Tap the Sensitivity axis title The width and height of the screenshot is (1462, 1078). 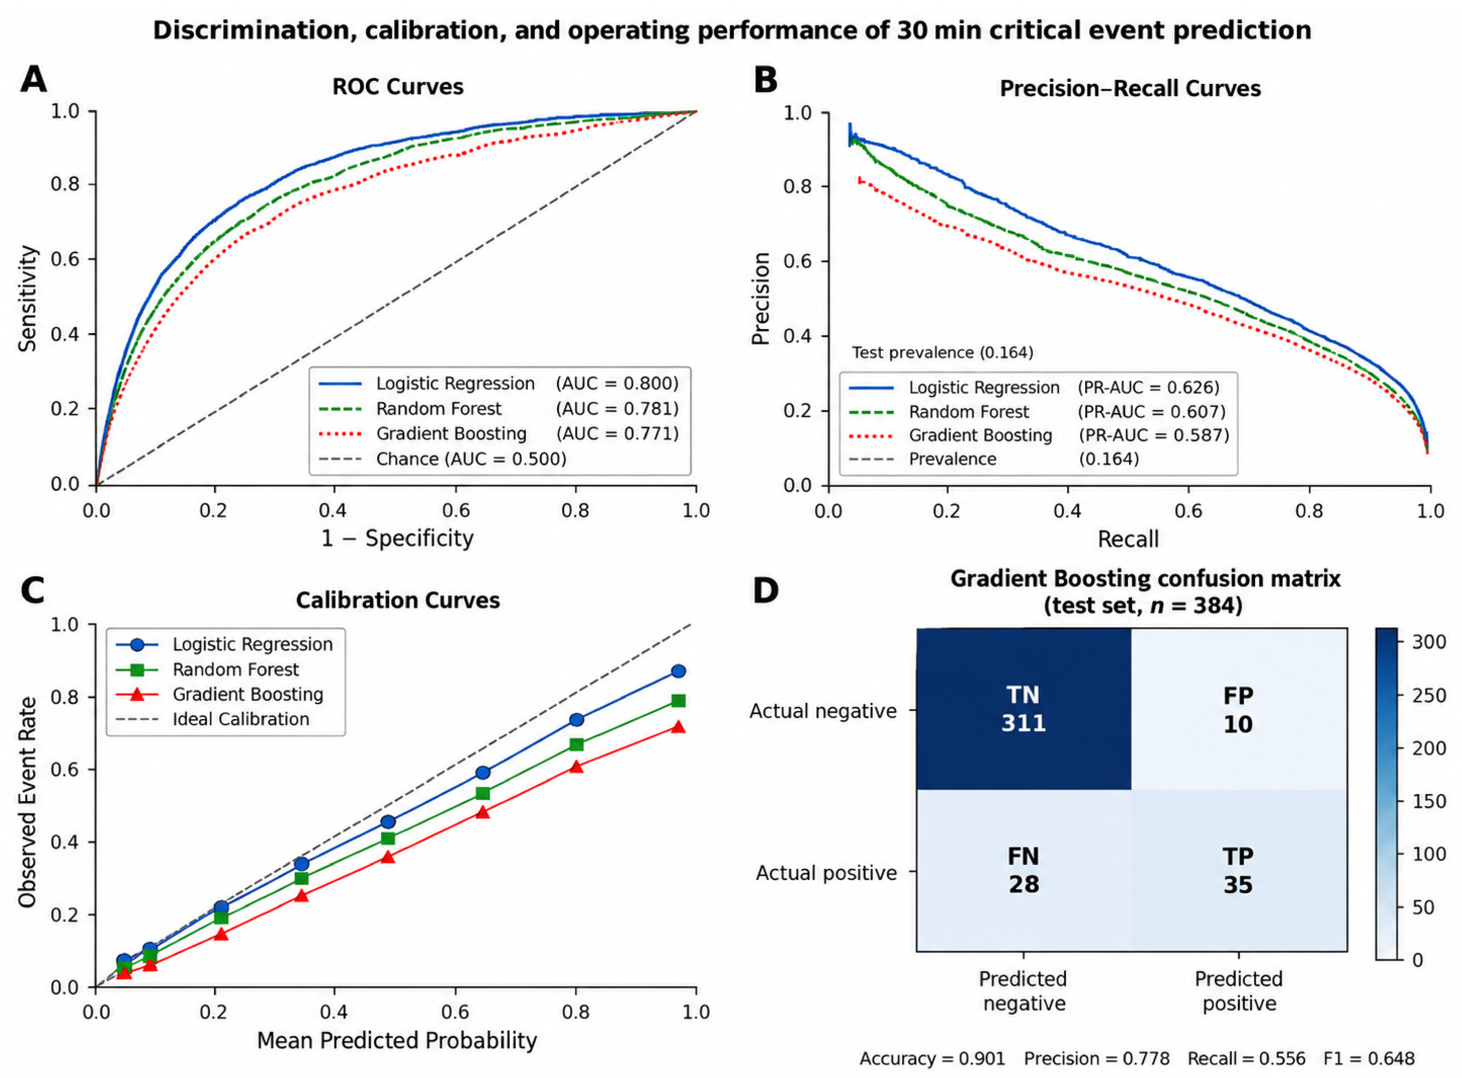click(28, 298)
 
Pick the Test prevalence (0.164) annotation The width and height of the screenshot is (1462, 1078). click(943, 353)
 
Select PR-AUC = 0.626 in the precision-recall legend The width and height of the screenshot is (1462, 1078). click(1149, 388)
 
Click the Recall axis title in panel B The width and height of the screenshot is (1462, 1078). click(1129, 539)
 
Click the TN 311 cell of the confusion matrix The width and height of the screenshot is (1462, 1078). click(1023, 709)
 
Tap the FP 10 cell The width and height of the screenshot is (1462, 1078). click(1238, 709)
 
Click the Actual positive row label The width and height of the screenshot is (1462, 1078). click(826, 873)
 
